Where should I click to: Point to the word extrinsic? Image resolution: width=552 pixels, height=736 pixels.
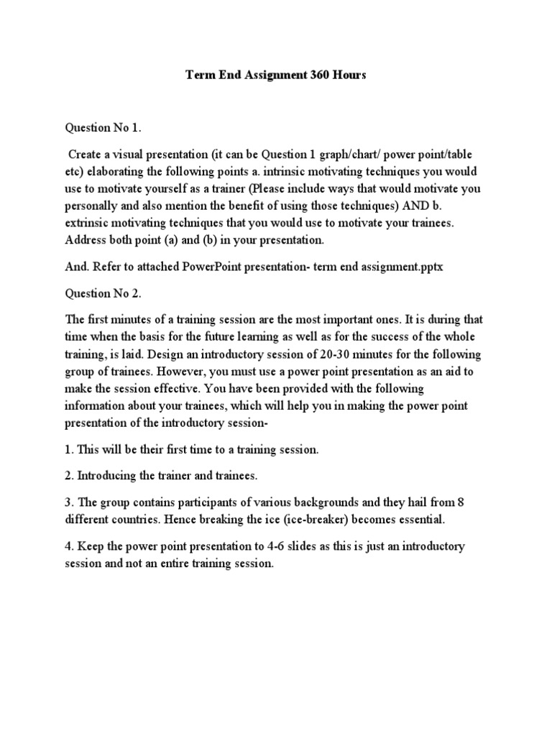[91, 225]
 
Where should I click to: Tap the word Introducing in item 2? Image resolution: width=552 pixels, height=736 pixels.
[108, 475]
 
